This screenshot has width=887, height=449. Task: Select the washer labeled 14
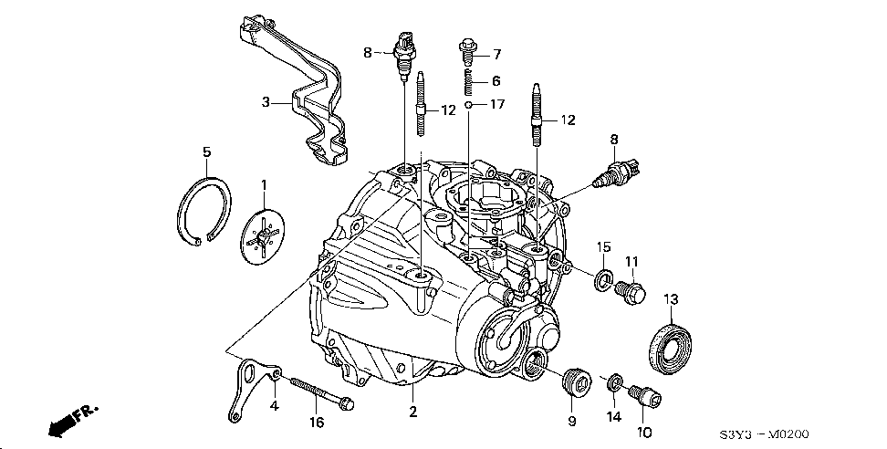coord(614,381)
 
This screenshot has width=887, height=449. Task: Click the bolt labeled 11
coord(631,292)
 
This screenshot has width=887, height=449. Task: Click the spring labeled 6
coord(466,81)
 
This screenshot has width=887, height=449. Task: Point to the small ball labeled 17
coord(467,106)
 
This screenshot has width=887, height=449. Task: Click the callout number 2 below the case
coord(412,412)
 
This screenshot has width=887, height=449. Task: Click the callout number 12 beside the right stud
coord(569,120)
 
